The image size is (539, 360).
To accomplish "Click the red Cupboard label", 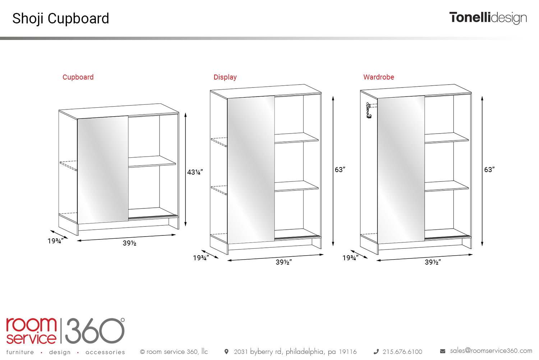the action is pos(78,77).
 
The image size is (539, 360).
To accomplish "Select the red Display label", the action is pos(225,77).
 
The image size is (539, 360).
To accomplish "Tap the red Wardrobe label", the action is pos(379,77).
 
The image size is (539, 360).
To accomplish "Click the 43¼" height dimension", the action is pos(195,172).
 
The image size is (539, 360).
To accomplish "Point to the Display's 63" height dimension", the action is pos(340,170).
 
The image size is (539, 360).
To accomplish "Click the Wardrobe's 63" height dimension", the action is pos(489,170).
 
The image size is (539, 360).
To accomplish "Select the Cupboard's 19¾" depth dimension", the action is pos(55,241).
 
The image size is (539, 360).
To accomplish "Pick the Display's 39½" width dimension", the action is pos(284,262).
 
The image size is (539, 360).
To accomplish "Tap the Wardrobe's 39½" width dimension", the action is pos(433,262).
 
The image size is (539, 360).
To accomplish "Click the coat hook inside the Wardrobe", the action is pos(368,110).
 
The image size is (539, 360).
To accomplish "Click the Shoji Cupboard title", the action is pos(61,19).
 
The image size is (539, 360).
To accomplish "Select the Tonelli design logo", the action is pos(488,18).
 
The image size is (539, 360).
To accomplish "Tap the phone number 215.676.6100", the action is pos(402,352).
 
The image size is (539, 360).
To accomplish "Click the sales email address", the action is pos(491,351).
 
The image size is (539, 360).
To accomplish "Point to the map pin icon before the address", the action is pos(226,352).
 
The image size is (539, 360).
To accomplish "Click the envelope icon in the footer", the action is pos(443,351).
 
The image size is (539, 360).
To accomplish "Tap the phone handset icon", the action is pos(376,352).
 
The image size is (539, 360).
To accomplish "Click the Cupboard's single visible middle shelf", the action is pos(152,161).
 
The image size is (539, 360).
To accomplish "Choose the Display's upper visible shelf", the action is pos(296,138).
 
